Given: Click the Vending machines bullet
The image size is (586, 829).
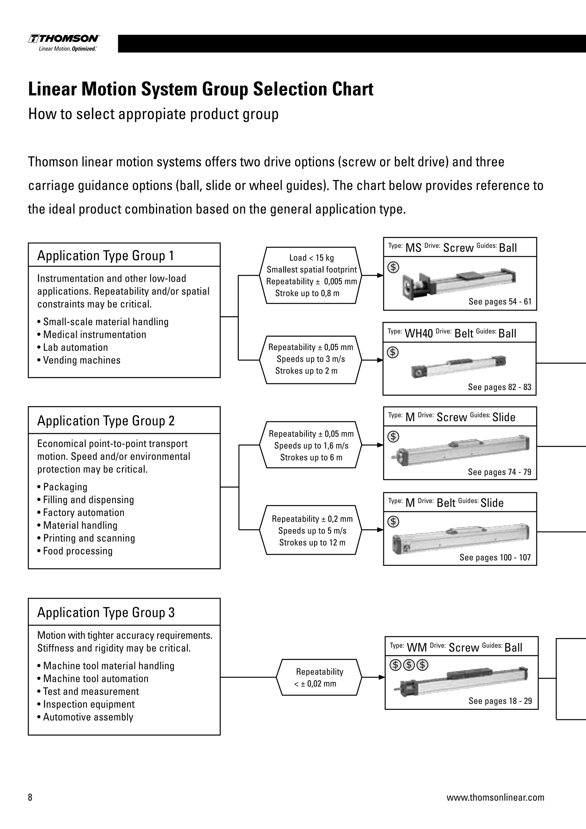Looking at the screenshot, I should pyautogui.click(x=82, y=360).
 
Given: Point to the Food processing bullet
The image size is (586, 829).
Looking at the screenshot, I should pyautogui.click(x=78, y=551).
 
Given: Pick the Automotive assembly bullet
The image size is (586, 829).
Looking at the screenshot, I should pyautogui.click(x=88, y=717).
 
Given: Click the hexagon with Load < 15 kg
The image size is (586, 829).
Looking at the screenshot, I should pyautogui.click(x=311, y=275).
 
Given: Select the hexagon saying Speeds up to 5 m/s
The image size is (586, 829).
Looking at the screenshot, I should pyautogui.click(x=312, y=530).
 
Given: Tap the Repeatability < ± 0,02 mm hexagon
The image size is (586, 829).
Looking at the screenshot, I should pyautogui.click(x=319, y=677).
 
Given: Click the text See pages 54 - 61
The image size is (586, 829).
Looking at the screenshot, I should pyautogui.click(x=500, y=301).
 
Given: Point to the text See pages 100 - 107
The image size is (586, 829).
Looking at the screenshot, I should pyautogui.click(x=495, y=557).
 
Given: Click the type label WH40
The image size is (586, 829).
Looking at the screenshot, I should pyautogui.click(x=419, y=333).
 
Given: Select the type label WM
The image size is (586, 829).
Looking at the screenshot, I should pyautogui.click(x=417, y=648).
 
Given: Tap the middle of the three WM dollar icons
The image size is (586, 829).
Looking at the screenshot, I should pyautogui.click(x=409, y=664).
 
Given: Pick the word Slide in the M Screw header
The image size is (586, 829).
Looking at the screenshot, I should pyautogui.click(x=504, y=417).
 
